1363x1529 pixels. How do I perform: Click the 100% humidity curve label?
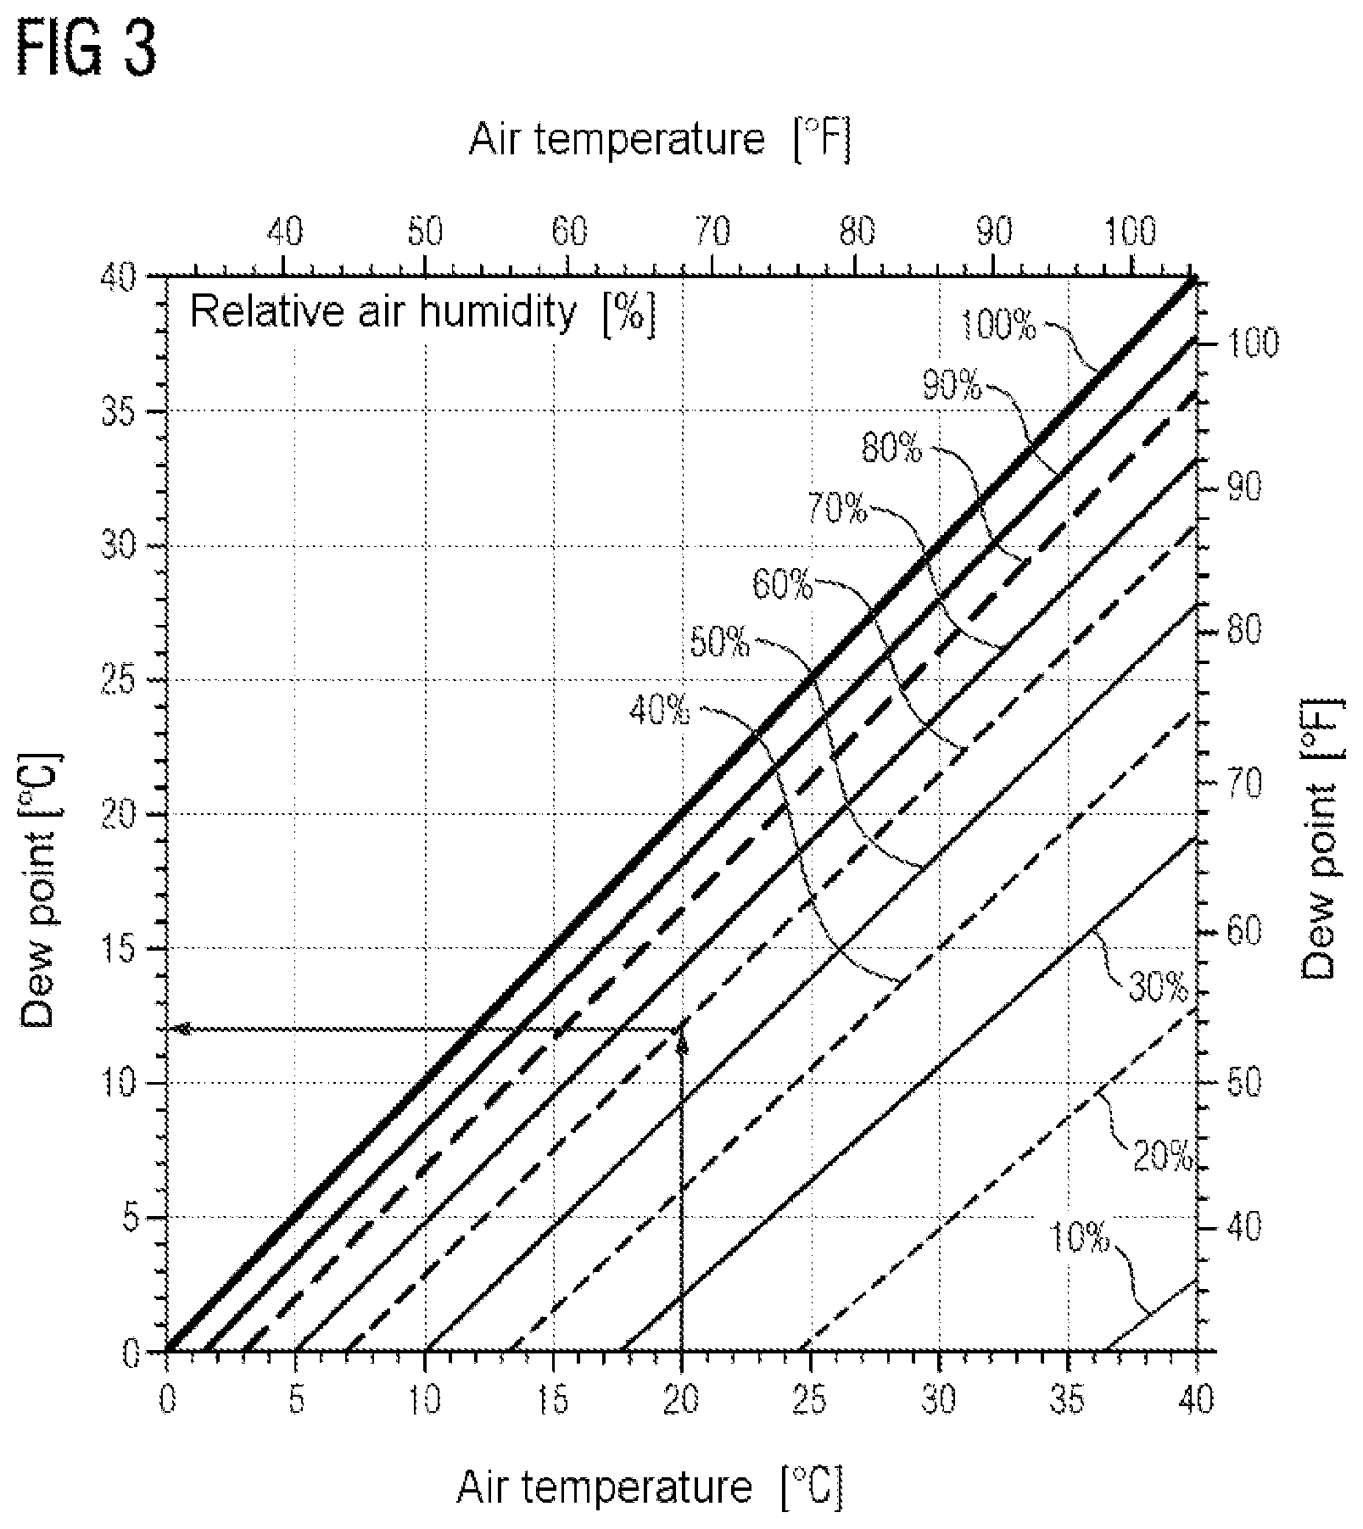tap(1000, 324)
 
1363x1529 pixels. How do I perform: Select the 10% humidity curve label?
tap(1080, 1239)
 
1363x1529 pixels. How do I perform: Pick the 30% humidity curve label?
tap(1159, 986)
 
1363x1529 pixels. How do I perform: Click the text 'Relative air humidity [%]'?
tap(422, 313)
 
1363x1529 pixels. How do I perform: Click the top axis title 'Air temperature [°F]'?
tap(660, 139)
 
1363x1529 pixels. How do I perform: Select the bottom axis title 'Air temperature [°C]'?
tap(651, 1487)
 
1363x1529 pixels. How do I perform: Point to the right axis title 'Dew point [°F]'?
tap(1320, 839)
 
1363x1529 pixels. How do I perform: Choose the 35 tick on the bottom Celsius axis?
tap(1068, 1401)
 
